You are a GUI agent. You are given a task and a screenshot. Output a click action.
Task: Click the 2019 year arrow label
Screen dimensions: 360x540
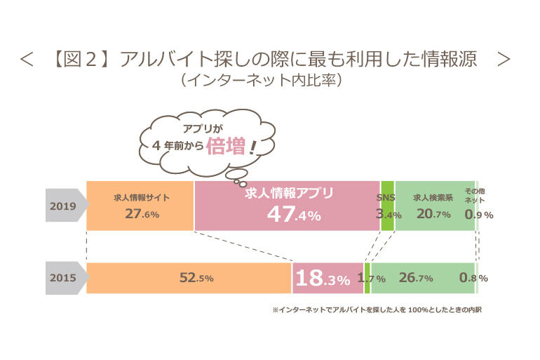pos(64,206)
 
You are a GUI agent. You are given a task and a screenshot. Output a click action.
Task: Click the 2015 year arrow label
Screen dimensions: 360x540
pos(64,278)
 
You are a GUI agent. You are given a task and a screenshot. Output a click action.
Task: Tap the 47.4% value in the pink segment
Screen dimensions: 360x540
pos(293,215)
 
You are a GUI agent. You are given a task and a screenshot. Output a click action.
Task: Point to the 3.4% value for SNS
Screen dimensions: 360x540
pos(389,214)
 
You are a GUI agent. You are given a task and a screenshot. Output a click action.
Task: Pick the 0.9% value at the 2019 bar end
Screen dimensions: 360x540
pos(479,214)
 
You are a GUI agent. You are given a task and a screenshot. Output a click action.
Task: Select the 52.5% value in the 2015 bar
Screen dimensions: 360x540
pos(196,278)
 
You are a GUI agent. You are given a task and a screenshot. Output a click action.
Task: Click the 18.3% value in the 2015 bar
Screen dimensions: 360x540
pos(322,279)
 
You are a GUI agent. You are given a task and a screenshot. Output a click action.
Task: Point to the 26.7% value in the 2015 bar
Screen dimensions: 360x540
pos(416,278)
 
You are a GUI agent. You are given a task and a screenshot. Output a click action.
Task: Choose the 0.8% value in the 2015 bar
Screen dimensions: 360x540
pos(473,278)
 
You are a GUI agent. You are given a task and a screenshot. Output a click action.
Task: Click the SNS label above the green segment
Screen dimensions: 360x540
pos(387,198)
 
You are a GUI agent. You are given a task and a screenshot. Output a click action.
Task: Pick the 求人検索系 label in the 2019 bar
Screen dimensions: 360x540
pos(433,198)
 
